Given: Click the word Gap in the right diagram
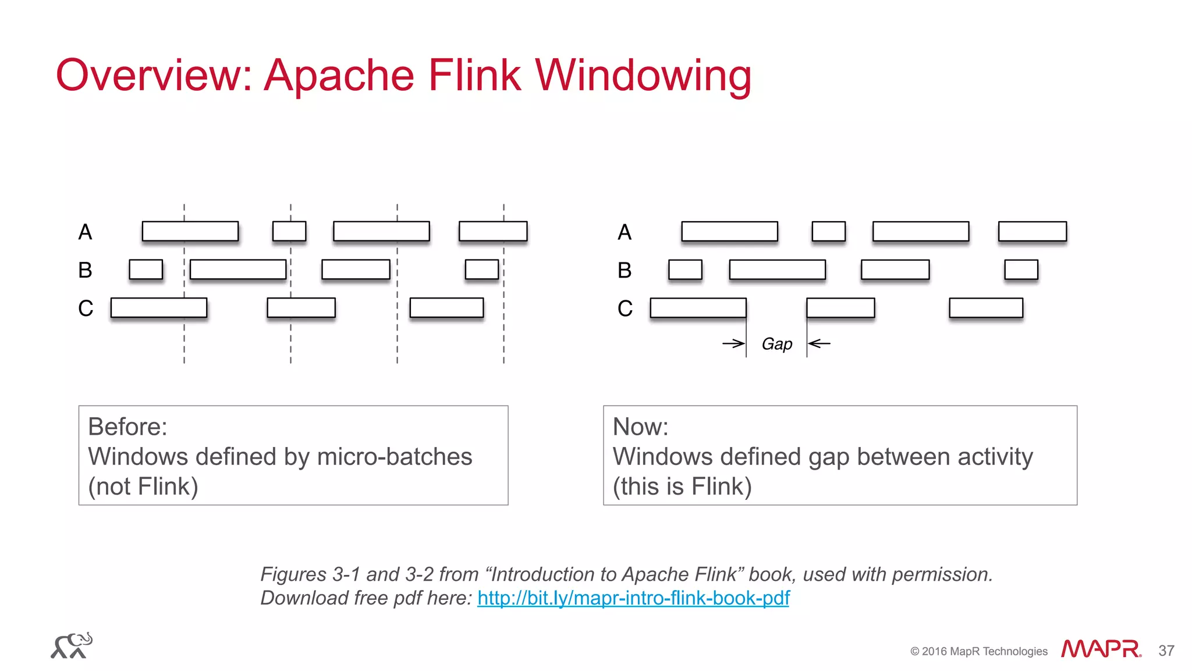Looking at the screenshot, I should pos(777,344).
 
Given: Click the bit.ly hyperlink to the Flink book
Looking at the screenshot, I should pos(633,598).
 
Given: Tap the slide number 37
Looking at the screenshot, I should pos(1166,651).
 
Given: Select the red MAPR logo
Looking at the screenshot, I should pos(1101,649).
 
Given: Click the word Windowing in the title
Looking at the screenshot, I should pos(643,75).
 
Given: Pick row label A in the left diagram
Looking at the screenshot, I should pos(85,232).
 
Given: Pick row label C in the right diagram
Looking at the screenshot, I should pos(625,308).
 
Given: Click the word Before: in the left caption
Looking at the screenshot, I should pos(127,427).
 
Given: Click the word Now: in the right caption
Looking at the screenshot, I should pos(640,427).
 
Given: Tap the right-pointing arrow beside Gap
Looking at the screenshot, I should pos(733,343).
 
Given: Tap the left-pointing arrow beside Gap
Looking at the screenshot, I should pos(819,343).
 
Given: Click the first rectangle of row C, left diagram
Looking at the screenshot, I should pos(159,308).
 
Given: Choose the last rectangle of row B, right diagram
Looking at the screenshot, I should pos(1021,269).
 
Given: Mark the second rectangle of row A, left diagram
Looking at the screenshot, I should pos(289,231).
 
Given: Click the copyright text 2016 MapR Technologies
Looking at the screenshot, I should pos(979,651).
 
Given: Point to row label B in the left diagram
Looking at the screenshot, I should pos(85,270).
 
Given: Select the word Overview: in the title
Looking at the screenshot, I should pos(154,75).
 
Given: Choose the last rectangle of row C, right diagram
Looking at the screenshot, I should pos(986,308).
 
